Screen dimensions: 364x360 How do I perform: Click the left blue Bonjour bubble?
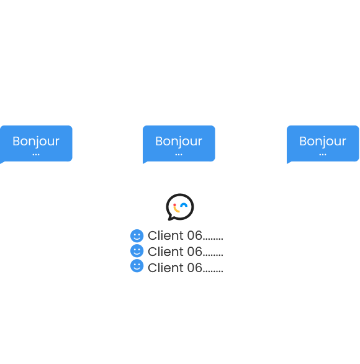36,143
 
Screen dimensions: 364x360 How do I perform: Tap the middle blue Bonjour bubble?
179,143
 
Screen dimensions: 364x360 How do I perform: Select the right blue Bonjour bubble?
323,143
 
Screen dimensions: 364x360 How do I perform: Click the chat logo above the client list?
180,207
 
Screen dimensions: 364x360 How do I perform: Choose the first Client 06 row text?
185,236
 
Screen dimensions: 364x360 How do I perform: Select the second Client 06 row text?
185,252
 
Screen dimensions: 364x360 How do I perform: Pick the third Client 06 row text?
185,268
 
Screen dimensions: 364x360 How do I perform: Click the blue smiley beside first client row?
137,236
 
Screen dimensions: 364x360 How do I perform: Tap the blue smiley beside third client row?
137,267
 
